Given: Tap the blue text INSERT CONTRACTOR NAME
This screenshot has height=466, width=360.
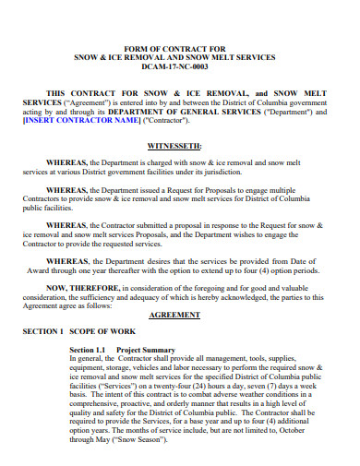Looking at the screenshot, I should [x=80, y=120].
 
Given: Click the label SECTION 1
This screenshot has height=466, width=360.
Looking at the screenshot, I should [x=42, y=332].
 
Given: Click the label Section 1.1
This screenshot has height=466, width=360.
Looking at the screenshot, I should [x=89, y=350].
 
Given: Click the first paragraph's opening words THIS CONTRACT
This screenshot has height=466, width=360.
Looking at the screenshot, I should [x=82, y=93].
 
